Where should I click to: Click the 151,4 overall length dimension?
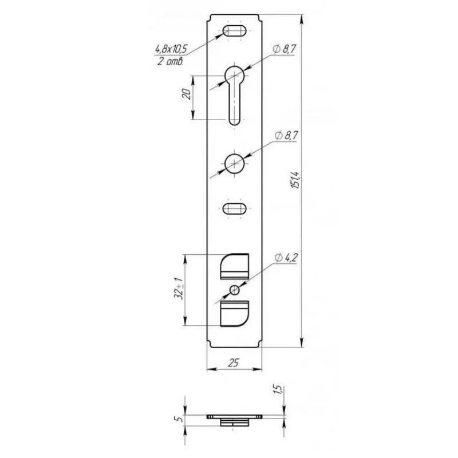coord(296,180)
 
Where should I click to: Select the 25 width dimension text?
coord(234,363)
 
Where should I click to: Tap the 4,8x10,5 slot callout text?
coord(171,49)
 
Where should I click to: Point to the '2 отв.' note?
coord(170,61)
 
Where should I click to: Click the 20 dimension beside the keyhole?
coord(187,94)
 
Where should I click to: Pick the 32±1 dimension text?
coord(179,289)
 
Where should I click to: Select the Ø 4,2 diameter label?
coord(286,258)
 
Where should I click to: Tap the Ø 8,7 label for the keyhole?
coord(283,49)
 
